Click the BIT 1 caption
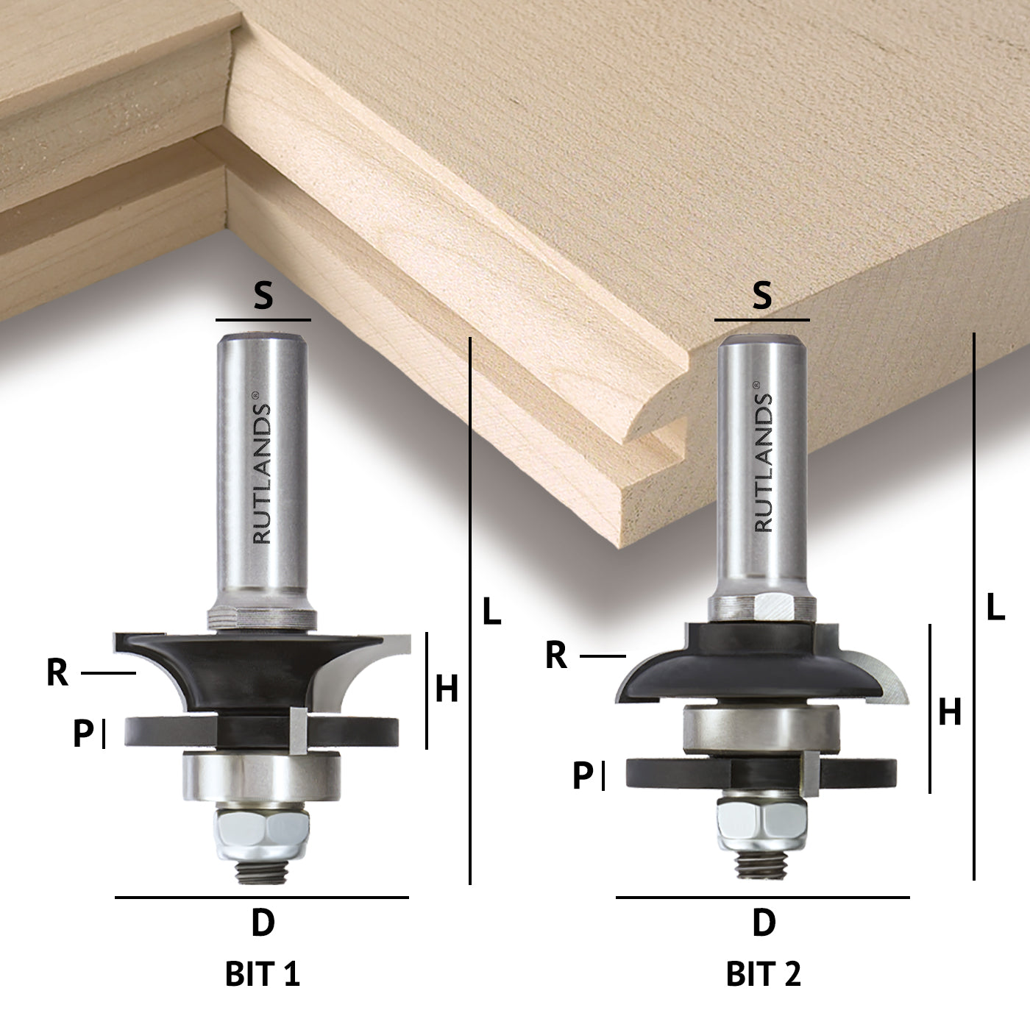[263, 973]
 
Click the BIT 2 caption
[763, 973]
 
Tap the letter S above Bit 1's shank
[263, 296]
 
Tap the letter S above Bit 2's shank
[761, 295]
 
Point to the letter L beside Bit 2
[995, 607]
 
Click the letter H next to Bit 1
[447, 689]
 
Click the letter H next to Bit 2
[950, 711]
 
